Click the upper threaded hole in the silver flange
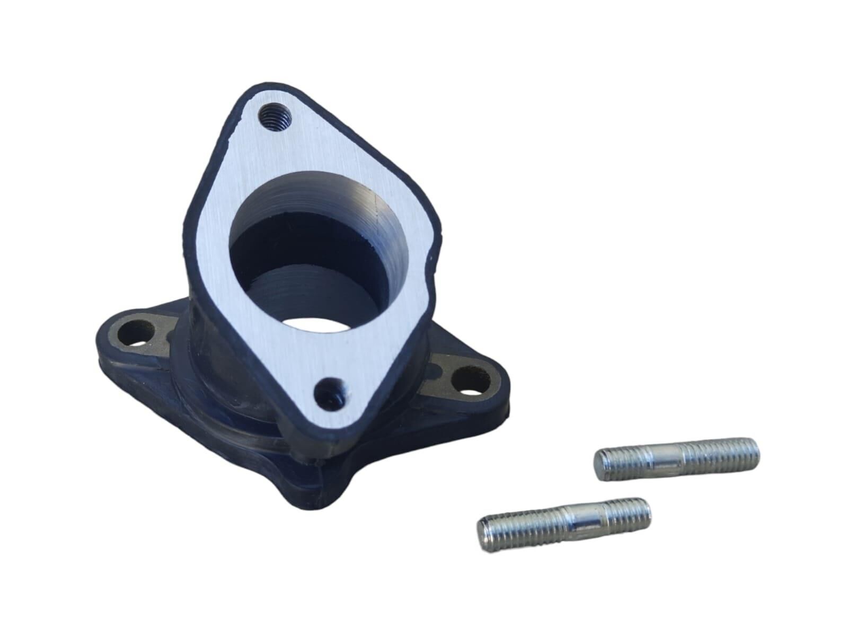276,115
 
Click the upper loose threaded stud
676,458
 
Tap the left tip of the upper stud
598,466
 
